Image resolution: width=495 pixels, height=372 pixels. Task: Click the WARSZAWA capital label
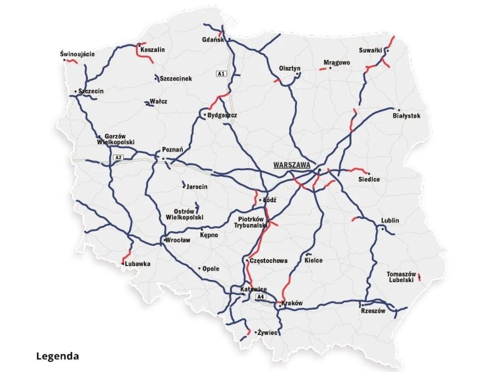point(291,165)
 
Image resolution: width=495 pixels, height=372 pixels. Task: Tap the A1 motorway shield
point(221,74)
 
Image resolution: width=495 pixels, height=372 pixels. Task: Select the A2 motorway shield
point(118,158)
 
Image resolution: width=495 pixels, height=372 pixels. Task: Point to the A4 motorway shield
point(260,297)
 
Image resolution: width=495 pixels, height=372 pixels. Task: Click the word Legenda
point(57,356)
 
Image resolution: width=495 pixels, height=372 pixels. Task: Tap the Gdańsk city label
point(213,40)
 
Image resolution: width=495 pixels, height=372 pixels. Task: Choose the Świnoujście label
point(77,54)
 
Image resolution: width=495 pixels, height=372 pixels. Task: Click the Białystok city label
point(406,116)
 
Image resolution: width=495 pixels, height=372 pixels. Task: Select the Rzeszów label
point(373,311)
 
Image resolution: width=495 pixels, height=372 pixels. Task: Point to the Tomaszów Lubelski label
point(401,277)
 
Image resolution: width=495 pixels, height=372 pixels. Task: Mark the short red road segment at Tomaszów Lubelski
point(419,277)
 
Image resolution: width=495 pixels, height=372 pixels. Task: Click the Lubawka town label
point(137,264)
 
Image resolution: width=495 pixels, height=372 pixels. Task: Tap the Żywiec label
point(268,332)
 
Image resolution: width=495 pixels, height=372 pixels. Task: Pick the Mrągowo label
point(337,62)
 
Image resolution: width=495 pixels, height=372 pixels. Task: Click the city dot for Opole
point(200,269)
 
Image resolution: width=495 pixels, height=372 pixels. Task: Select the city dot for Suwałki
point(388,51)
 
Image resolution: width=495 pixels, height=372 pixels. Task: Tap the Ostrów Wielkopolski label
point(184,215)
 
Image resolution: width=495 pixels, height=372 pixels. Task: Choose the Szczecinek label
point(176,79)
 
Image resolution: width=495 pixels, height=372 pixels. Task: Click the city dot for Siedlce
point(368,174)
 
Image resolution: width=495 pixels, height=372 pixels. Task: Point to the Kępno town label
point(209,235)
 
